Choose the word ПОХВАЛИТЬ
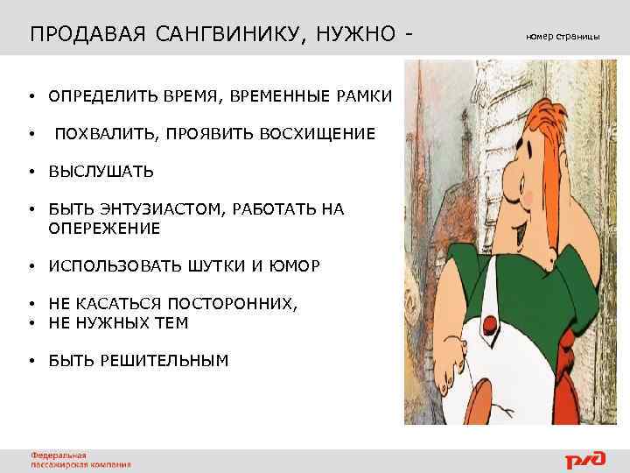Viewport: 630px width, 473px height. point(105,133)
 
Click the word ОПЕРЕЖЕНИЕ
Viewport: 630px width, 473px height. point(104,228)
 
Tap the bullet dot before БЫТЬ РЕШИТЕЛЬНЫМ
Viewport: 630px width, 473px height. point(31,359)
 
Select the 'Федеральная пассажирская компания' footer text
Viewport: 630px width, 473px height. point(80,460)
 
